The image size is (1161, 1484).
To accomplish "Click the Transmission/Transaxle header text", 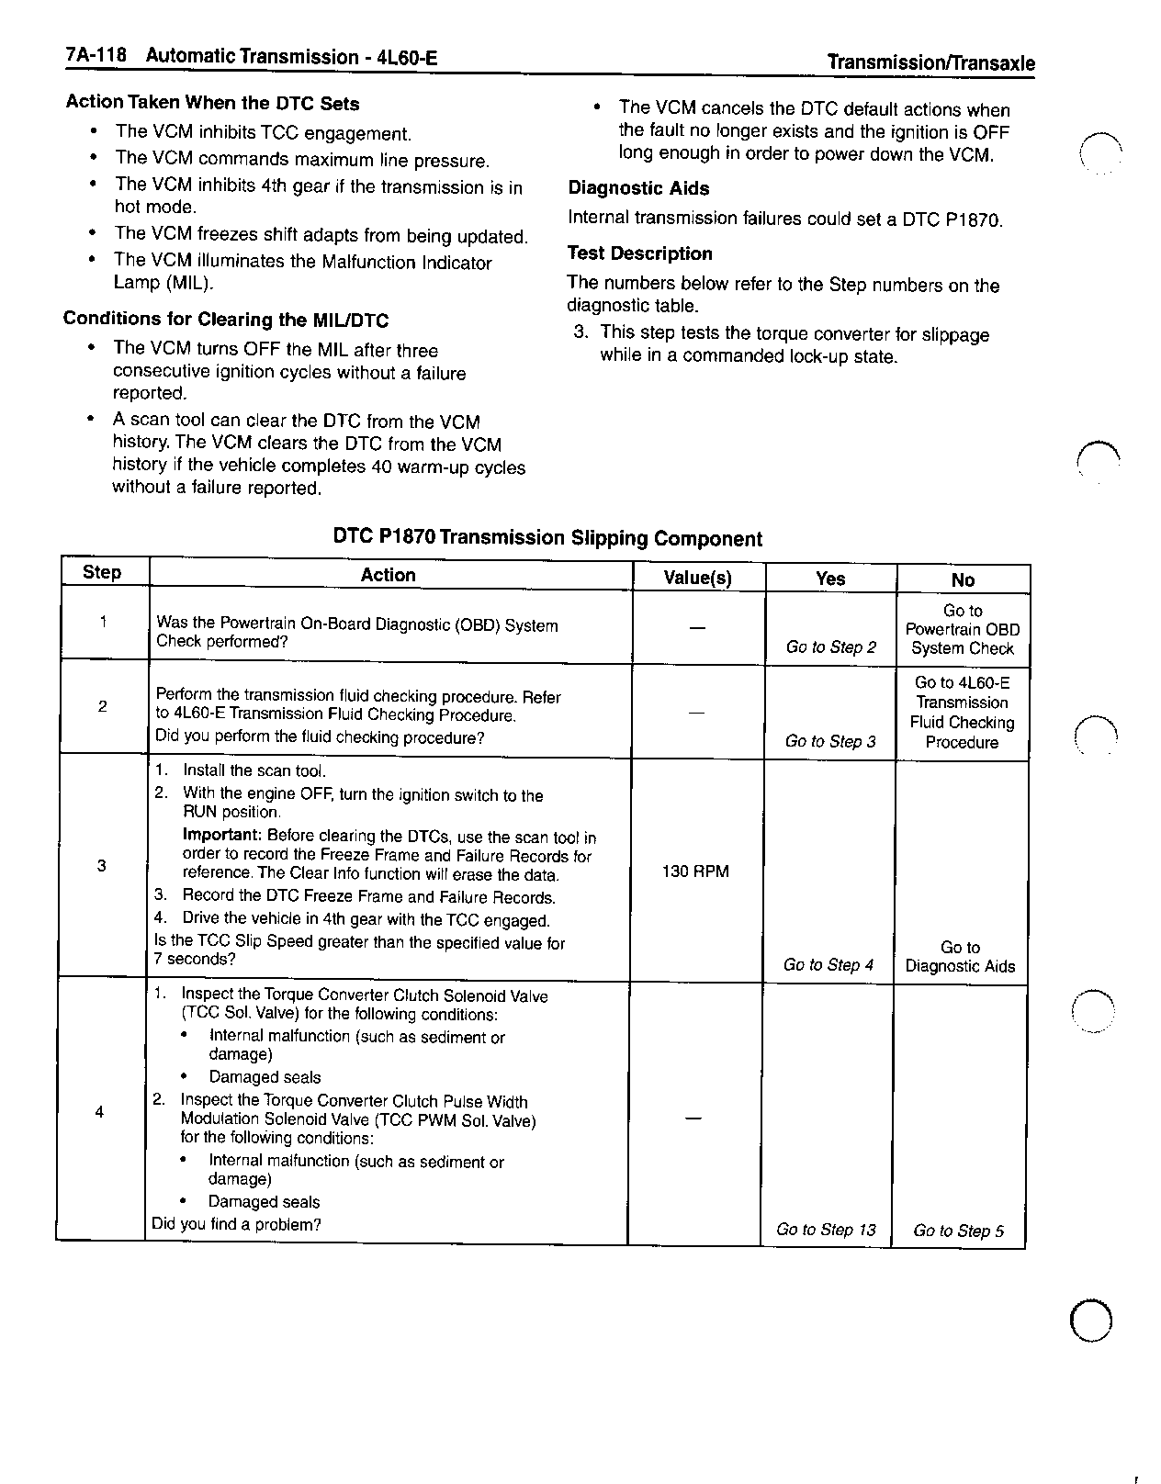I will pos(930,62).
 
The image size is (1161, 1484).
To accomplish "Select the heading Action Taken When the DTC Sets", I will pos(212,103).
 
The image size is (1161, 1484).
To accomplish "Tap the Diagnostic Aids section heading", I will pos(638,188).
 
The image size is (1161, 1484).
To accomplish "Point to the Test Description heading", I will pos(639,253).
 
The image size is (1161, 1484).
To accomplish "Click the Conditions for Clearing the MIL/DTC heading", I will pos(226,320).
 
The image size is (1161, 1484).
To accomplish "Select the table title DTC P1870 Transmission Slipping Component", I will pos(547,538).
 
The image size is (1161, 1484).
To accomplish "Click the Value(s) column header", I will pos(697,578).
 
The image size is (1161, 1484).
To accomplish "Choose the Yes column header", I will pos(829,578).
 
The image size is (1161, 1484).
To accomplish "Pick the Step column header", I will pos(102,572).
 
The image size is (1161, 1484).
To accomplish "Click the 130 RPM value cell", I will pos(695,871).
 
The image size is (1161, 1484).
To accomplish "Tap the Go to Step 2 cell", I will pos(830,646).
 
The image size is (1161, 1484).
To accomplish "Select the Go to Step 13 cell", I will pos(826,1230).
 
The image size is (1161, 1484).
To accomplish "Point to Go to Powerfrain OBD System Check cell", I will pos(962,630).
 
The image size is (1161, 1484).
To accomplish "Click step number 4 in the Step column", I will pos(99,1113).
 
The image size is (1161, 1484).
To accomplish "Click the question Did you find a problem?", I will pos(236,1224).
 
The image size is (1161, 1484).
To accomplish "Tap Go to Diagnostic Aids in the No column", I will pos(960,957).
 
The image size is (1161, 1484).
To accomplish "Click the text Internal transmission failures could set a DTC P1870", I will pos(785,219).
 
